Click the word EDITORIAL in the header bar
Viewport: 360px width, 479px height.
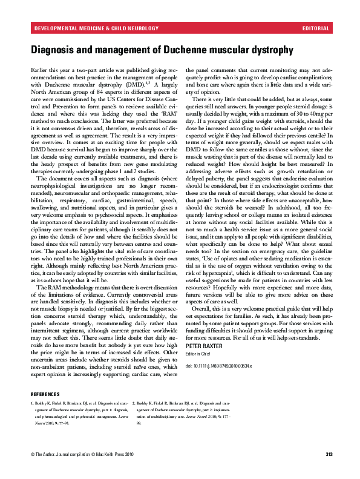click(316, 28)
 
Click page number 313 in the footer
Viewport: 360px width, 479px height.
click(329, 471)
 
